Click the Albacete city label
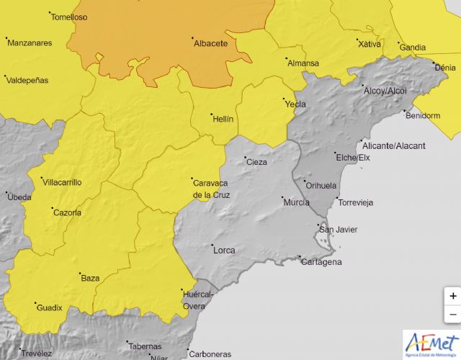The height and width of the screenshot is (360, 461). (210, 43)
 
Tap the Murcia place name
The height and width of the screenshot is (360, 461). (296, 202)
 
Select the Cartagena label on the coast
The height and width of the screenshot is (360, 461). (321, 261)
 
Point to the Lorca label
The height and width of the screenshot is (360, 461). (223, 251)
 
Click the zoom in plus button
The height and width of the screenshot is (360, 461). (452, 296)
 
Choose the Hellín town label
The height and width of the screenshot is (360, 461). (223, 119)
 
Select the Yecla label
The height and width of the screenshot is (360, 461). (296, 104)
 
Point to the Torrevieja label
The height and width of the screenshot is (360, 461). (356, 202)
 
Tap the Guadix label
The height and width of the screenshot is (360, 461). (49, 308)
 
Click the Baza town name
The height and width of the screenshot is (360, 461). (90, 278)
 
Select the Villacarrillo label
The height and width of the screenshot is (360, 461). (62, 182)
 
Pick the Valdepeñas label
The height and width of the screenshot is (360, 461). (28, 80)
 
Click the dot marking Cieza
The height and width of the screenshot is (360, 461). (244, 158)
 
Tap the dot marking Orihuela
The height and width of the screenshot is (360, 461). (304, 181)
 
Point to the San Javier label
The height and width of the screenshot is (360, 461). (339, 230)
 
